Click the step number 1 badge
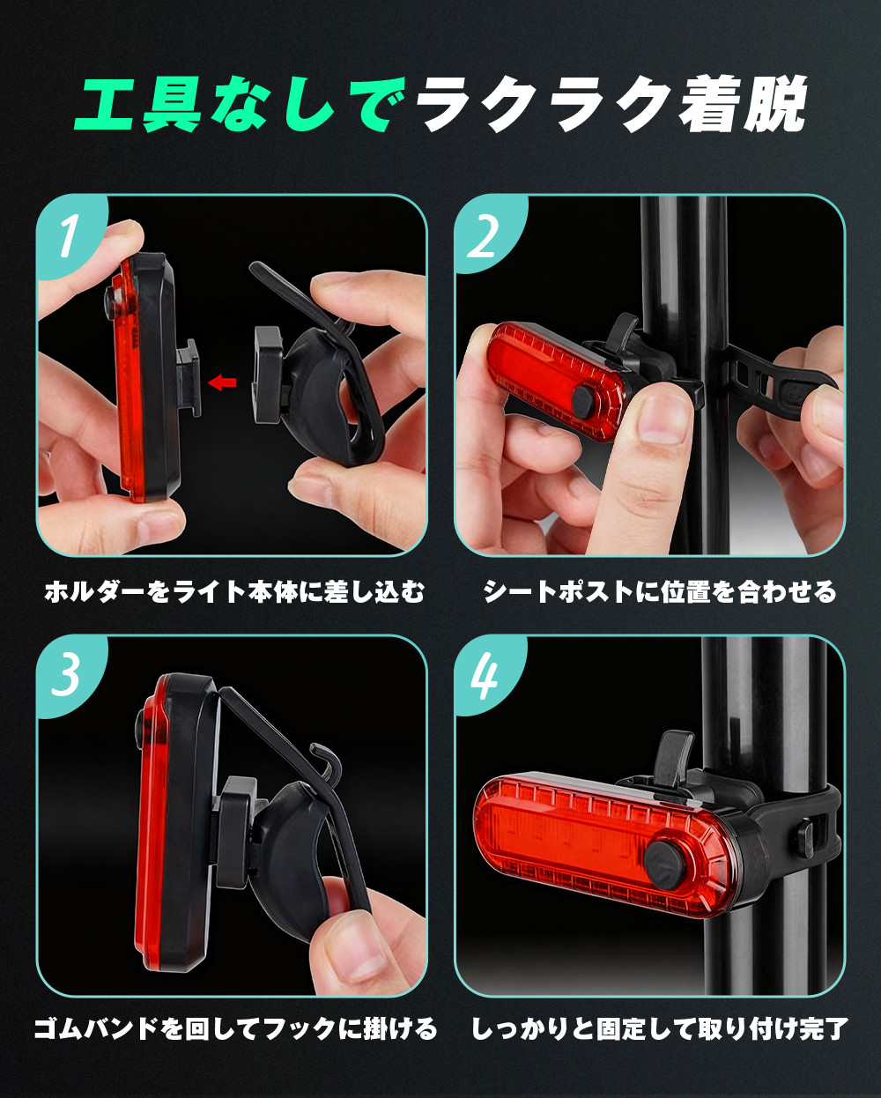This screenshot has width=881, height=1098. click(69, 234)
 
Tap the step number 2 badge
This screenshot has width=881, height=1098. click(487, 234)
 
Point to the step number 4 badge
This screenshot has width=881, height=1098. click(486, 674)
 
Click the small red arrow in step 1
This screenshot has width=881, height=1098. click(222, 382)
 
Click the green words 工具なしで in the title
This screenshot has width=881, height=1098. click(241, 105)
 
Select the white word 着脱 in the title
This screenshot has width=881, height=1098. click(743, 104)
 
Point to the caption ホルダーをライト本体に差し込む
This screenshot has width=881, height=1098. click(234, 592)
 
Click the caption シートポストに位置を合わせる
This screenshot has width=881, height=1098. click(661, 592)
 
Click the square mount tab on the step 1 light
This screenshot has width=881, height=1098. click(189, 378)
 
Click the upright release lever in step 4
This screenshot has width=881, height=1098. click(674, 758)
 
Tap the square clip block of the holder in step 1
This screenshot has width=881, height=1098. click(268, 375)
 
